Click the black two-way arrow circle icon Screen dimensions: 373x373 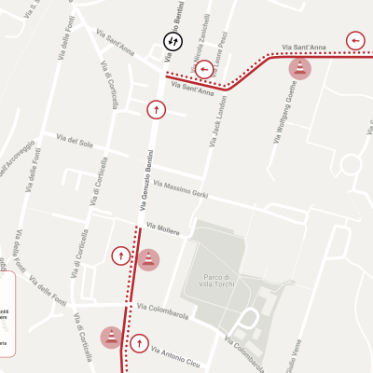pyautogui.click(x=173, y=41)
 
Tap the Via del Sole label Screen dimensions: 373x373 pyautogui.click(x=74, y=142)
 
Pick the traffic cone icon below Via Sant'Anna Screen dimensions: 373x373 pyautogui.click(x=299, y=68)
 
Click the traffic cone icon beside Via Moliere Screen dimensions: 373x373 pyautogui.click(x=148, y=259)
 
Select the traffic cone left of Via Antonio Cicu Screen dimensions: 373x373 pyautogui.click(x=111, y=337)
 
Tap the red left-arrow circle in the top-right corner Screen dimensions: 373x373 pyautogui.click(x=355, y=40)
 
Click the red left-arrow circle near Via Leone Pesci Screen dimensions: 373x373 pyautogui.click(x=204, y=69)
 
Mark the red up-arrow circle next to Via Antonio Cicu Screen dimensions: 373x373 pyautogui.click(x=140, y=343)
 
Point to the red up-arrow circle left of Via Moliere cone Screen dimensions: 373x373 pyautogui.click(x=120, y=255)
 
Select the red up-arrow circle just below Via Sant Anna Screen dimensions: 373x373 pyautogui.click(x=154, y=109)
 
